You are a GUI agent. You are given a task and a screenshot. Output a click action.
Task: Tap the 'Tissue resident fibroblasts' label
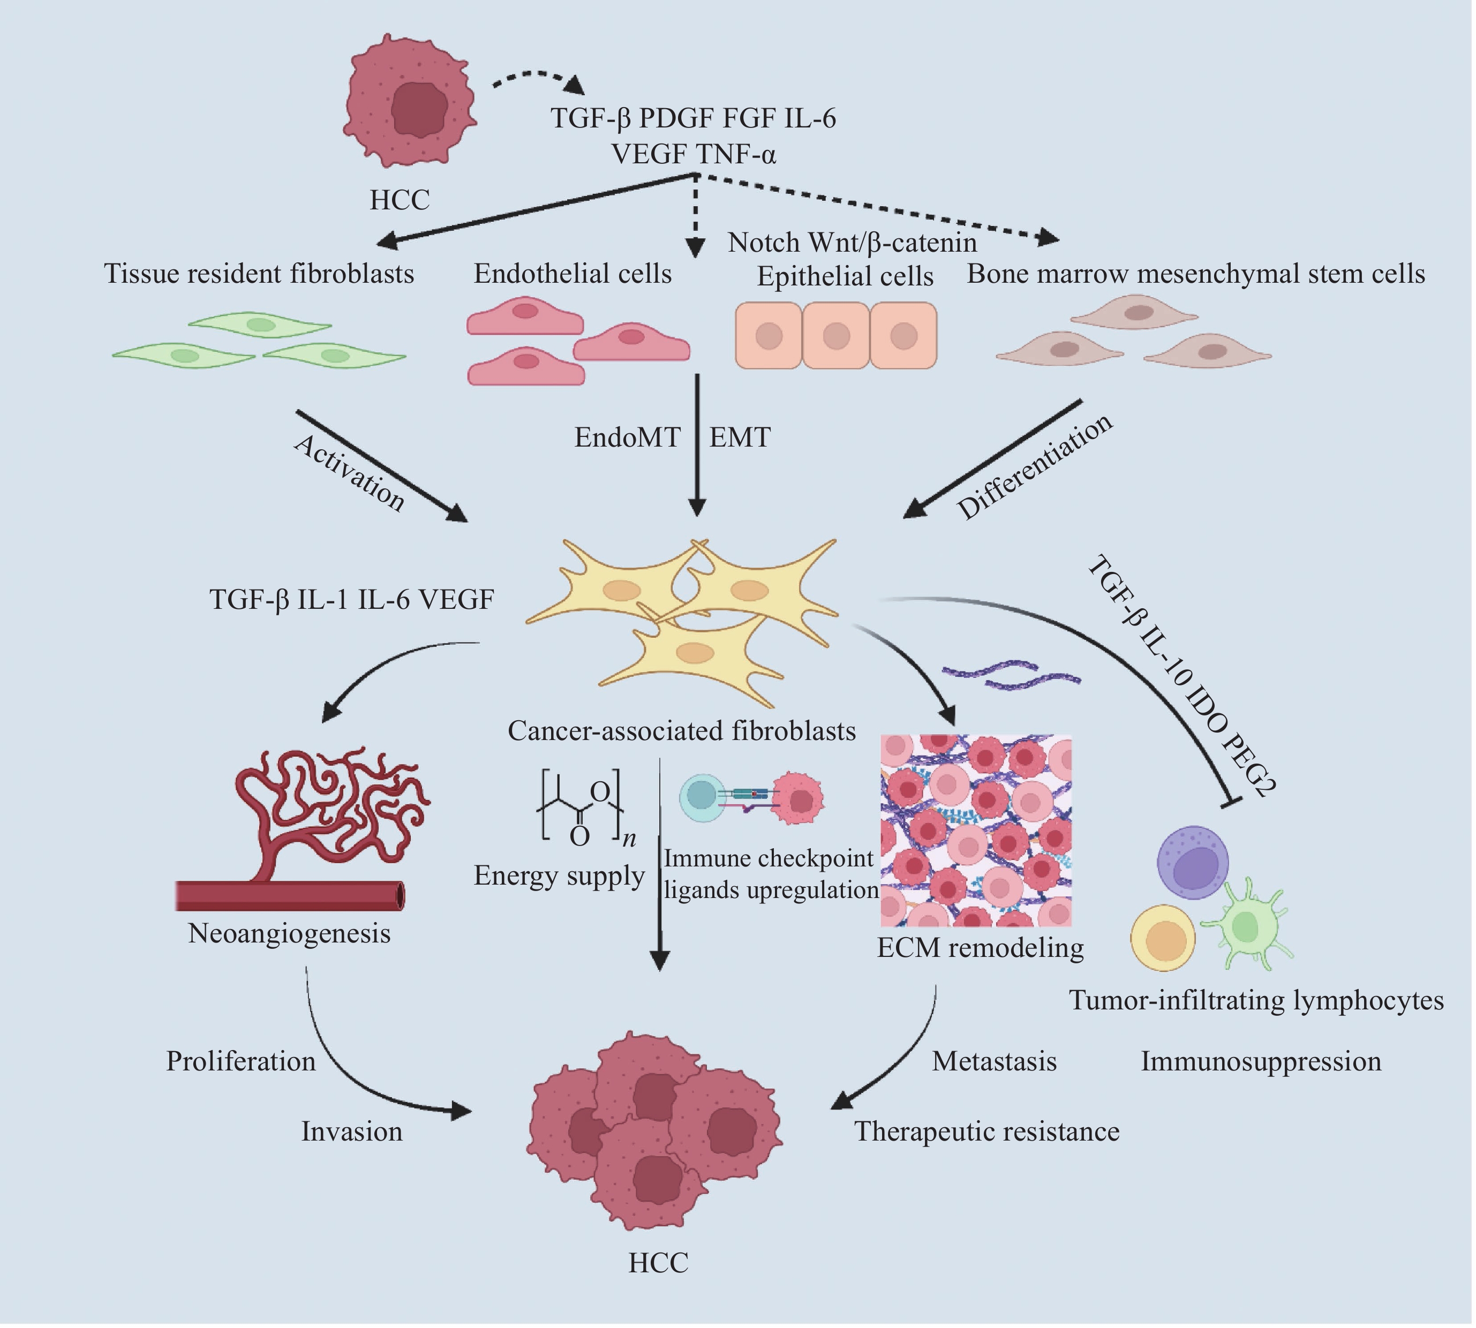pos(259,274)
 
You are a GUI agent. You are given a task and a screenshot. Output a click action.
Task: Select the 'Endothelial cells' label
pos(573,274)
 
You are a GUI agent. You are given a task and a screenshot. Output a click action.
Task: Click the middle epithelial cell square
pos(836,336)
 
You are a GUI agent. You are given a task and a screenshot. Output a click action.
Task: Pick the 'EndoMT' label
pos(627,437)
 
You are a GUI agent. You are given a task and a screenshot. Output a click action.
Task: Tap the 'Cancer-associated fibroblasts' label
pos(681,730)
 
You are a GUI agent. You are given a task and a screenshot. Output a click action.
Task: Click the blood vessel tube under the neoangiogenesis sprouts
pos(290,895)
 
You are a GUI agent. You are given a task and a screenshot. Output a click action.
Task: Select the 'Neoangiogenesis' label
pos(290,933)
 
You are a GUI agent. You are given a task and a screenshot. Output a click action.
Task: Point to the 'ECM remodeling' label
pos(980,948)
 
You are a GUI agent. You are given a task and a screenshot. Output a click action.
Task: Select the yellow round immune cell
pos(1164,938)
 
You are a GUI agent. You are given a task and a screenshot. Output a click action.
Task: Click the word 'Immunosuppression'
pos(1261,1061)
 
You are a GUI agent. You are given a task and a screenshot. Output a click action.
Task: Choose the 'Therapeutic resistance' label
pos(986,1131)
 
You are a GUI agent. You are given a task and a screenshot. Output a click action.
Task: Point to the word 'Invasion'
pos(352,1131)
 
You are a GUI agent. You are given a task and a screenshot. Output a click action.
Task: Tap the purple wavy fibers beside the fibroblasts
pos(1011,674)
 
